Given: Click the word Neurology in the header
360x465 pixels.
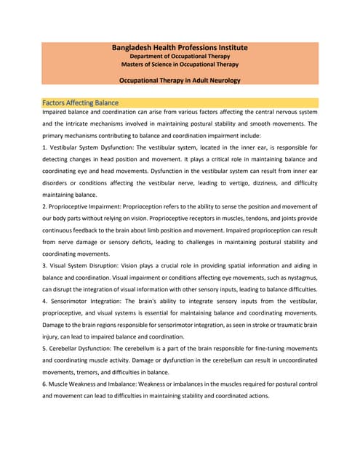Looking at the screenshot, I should (222, 80).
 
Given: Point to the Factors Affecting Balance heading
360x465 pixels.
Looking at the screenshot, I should (81, 102).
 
